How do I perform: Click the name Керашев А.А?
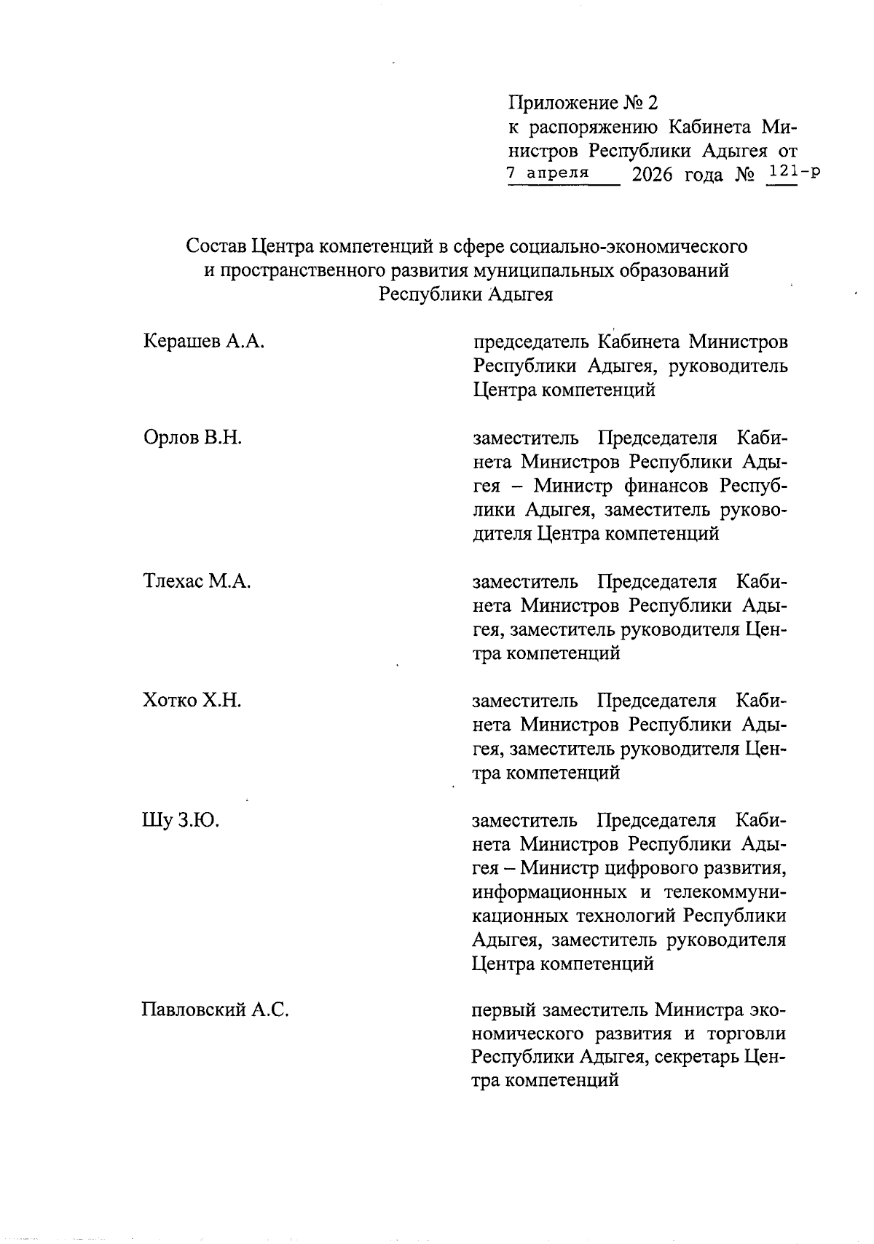pos(203,341)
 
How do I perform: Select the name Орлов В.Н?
pos(192,438)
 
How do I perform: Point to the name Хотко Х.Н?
pos(192,701)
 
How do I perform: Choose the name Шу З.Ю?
pos(180,821)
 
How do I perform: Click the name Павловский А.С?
pos(215,1010)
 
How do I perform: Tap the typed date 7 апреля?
pos(547,173)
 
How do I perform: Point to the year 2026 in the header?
pos(653,175)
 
